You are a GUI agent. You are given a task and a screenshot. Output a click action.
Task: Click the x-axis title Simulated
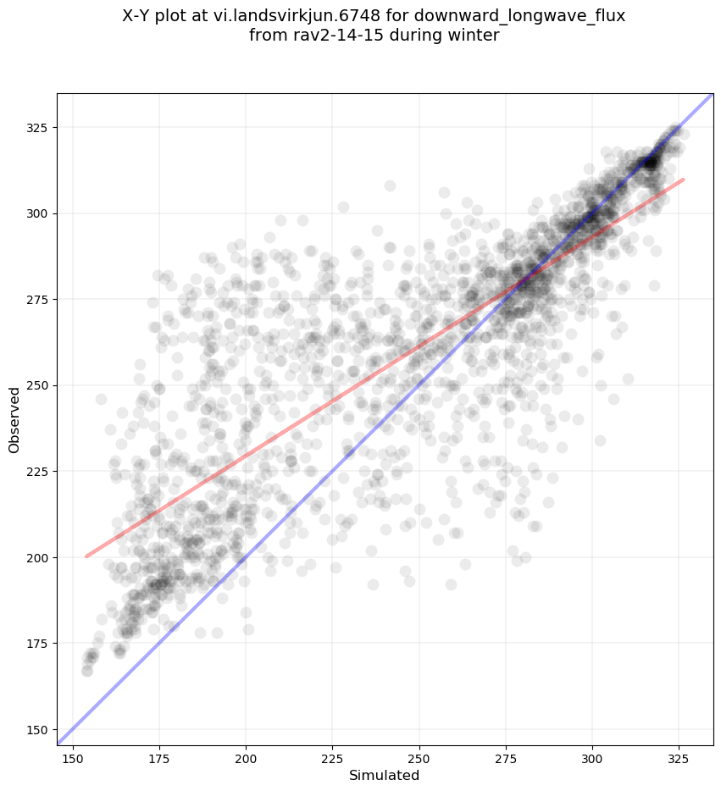pos(385,775)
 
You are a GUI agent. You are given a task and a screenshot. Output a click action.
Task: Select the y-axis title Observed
pos(14,420)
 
